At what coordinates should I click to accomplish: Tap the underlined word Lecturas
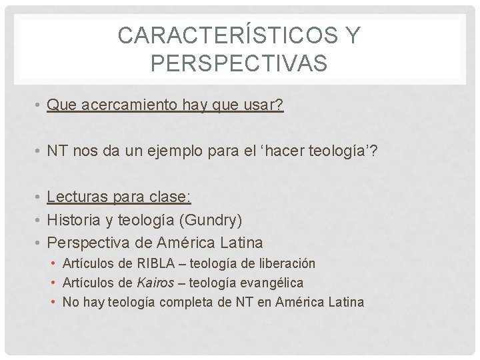click(73, 197)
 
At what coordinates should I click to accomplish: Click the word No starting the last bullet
click(70, 303)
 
